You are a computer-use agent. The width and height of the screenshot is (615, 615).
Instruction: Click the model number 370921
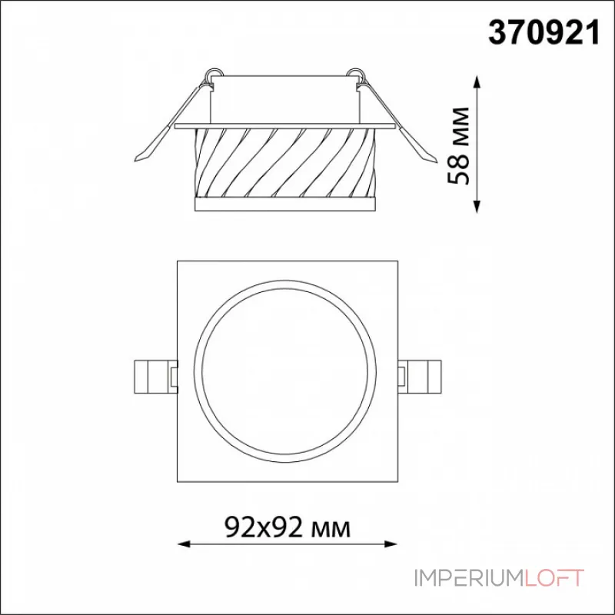pos(544,33)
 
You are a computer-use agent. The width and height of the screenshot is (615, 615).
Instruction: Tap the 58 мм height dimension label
pos(458,145)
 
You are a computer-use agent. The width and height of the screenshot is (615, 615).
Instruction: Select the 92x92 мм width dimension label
pos(288,527)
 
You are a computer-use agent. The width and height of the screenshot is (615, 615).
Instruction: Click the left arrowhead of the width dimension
pos(184,544)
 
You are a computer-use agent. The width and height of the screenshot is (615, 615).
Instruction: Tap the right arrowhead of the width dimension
pos(391,544)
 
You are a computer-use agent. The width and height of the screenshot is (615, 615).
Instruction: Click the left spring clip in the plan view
pos(156,377)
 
